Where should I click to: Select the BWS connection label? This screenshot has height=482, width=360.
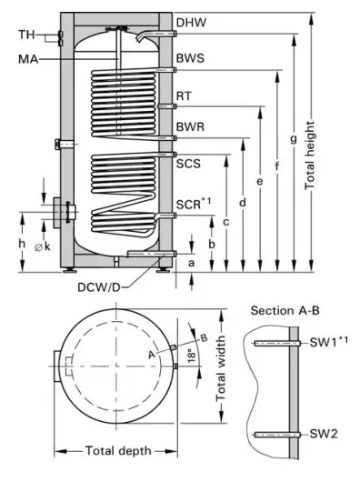[x=189, y=59]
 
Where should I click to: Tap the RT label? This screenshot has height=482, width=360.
[x=184, y=96]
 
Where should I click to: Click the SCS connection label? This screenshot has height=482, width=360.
[x=188, y=163]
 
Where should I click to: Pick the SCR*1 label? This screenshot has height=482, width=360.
[x=193, y=205]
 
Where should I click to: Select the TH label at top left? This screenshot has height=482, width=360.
[x=28, y=35]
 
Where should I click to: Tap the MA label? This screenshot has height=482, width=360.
[x=28, y=59]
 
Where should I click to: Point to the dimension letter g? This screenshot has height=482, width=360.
[x=294, y=139]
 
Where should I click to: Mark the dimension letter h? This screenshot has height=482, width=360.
[x=21, y=244]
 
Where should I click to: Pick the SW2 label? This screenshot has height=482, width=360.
[x=323, y=435]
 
